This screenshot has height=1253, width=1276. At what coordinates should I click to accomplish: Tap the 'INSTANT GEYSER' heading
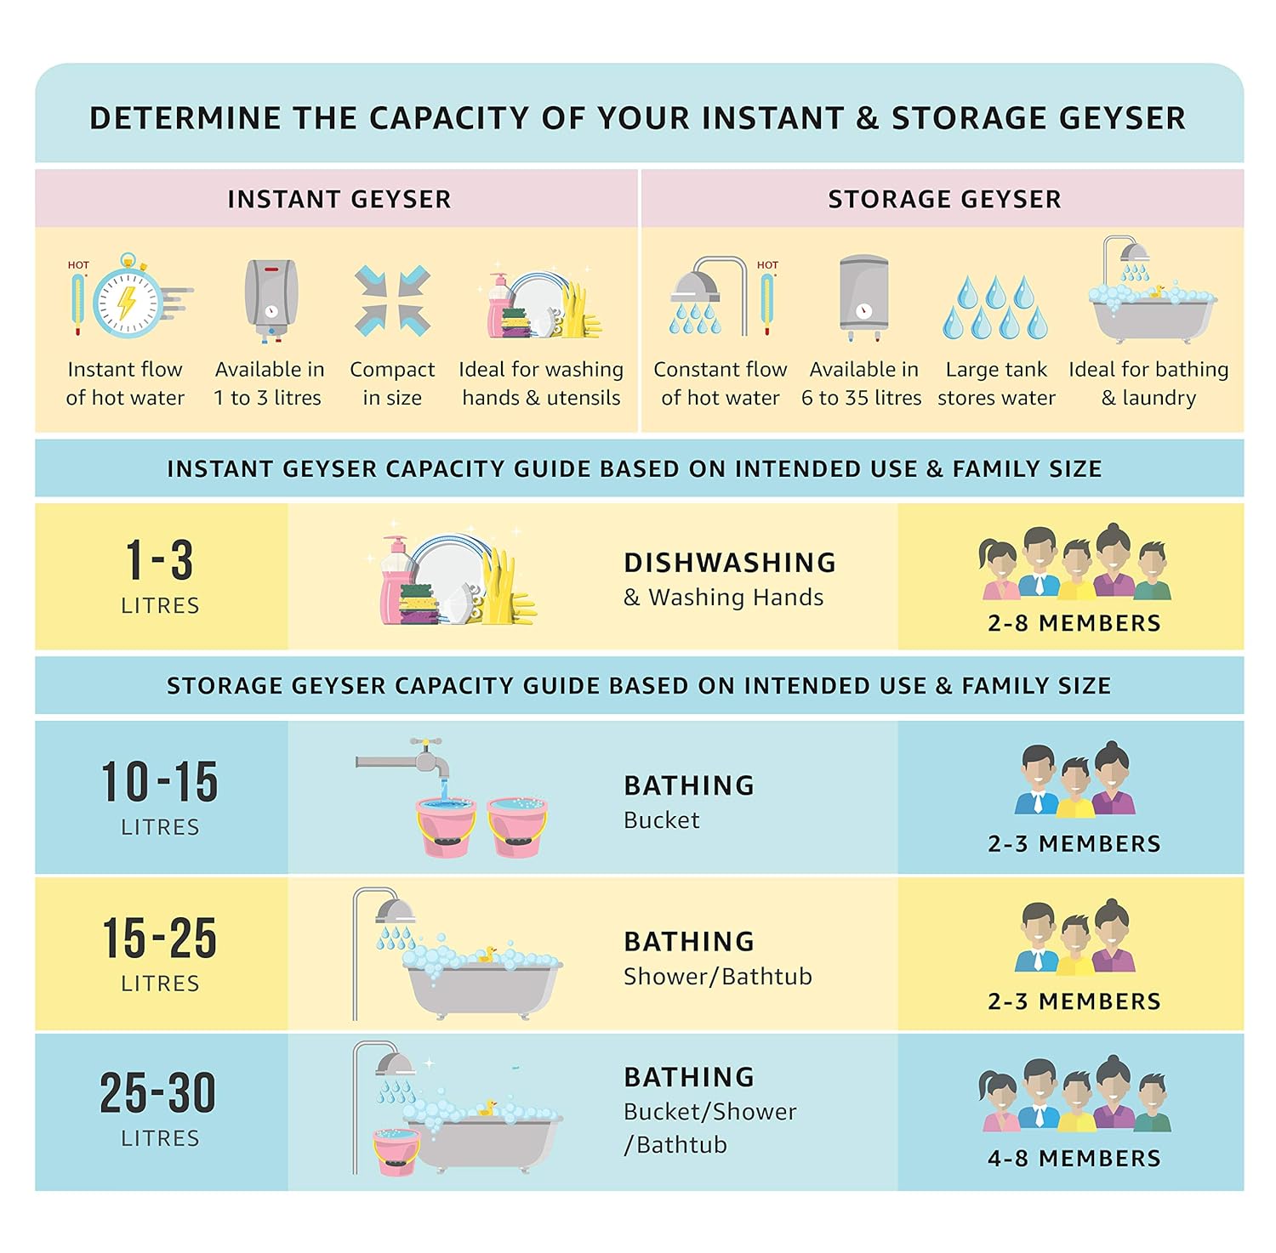(339, 199)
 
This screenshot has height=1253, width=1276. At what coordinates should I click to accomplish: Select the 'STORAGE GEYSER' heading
(944, 199)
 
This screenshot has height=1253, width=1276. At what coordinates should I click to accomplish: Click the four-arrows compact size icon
(392, 301)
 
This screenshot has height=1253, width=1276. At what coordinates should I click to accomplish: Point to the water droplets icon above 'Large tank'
(995, 306)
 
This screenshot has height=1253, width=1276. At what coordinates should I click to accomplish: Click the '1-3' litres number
(160, 560)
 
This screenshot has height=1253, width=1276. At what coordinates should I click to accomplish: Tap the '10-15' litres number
(160, 781)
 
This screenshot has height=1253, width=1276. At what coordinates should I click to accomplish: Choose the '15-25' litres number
(160, 938)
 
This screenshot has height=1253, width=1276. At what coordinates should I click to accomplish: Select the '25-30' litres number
(158, 1092)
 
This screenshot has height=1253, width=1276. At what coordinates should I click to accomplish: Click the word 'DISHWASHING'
(730, 563)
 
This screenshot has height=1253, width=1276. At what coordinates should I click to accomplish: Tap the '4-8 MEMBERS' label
(1074, 1158)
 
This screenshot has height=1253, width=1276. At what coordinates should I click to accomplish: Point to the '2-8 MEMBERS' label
(1074, 623)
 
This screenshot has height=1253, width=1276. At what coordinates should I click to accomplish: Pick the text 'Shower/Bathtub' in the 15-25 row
(718, 977)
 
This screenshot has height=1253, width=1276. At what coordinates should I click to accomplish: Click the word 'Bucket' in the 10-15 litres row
(662, 820)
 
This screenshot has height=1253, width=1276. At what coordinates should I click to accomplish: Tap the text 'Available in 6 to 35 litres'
(862, 383)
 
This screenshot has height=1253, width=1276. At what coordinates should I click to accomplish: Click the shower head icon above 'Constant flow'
(706, 296)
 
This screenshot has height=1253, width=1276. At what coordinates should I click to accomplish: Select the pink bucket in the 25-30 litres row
(396, 1151)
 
